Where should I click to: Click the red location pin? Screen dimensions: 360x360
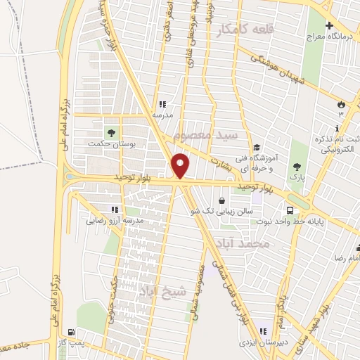(x=181, y=165)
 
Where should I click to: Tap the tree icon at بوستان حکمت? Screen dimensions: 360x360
(x=110, y=131)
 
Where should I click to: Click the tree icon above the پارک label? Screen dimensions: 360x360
(x=298, y=167)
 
